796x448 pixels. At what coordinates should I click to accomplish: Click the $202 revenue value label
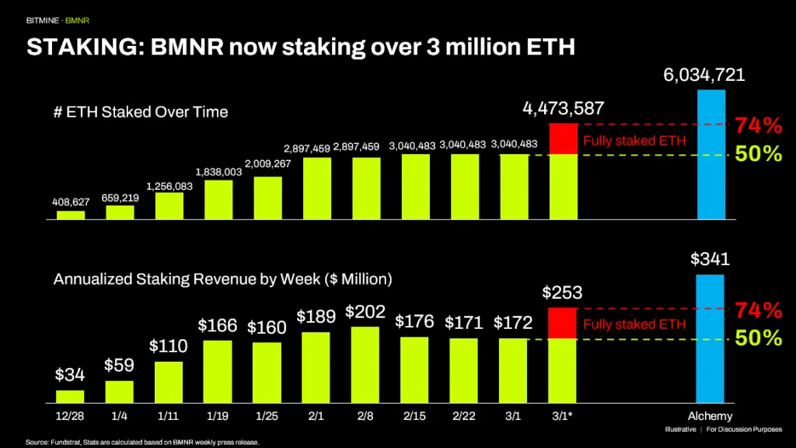coord(365,312)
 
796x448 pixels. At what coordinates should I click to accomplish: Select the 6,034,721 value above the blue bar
coord(704,75)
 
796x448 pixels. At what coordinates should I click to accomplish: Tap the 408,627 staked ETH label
coord(71,201)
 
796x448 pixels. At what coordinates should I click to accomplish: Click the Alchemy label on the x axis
coord(710,415)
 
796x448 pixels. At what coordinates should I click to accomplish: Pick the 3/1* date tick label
coord(562,415)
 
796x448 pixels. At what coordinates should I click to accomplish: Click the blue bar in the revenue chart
coord(710,338)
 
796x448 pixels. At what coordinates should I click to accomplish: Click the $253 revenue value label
coord(563,292)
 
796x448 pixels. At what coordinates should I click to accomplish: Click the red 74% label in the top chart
coord(759,124)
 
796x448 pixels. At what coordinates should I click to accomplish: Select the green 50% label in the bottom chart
coord(759,338)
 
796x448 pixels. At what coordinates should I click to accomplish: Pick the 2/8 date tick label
coord(365,415)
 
